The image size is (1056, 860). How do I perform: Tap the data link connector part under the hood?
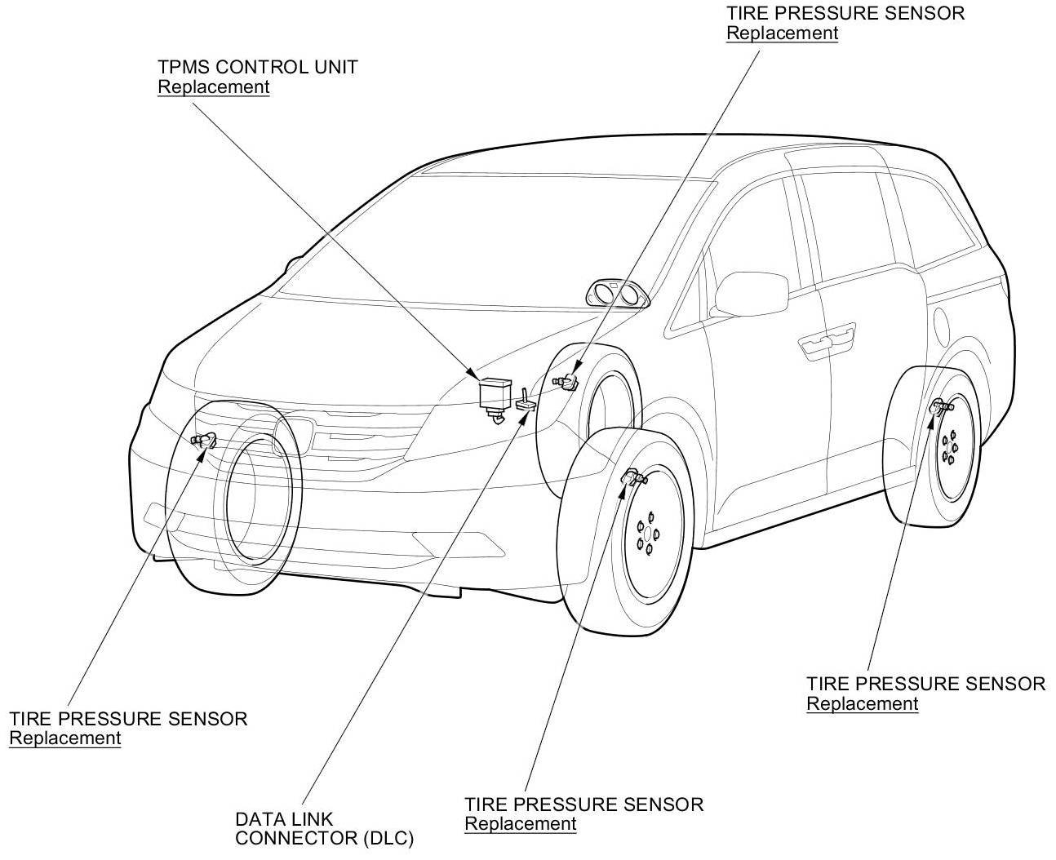pos(526,400)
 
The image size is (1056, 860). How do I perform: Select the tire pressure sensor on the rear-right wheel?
pos(942,406)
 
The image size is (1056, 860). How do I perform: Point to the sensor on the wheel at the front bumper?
pos(204,439)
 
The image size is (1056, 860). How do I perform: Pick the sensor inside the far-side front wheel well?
pos(566,382)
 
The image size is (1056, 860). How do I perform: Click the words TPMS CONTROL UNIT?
pos(257,67)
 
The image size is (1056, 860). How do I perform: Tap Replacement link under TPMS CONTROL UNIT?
pos(213,86)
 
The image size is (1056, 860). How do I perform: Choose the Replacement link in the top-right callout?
pos(782,33)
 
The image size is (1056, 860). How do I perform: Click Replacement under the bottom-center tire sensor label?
pos(520,823)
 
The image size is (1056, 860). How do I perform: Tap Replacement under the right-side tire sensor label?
pos(862,703)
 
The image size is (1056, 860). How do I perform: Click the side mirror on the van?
pos(751,294)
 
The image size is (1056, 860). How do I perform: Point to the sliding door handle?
pos(827,340)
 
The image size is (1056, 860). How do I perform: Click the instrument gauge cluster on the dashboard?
pos(618,295)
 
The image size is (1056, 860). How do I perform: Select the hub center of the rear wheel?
pos(948,448)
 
